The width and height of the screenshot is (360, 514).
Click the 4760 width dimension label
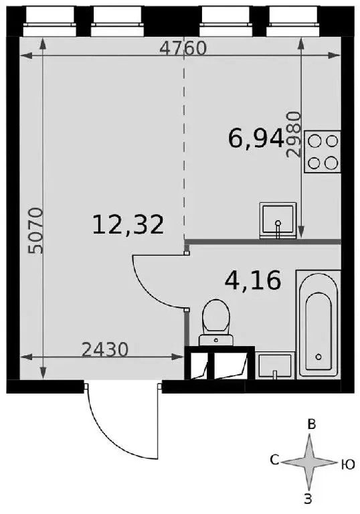(x=183, y=48)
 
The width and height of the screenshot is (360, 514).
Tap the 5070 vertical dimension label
(x=35, y=231)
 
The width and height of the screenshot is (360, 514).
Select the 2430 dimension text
(x=104, y=349)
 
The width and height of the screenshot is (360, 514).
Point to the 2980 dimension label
(x=294, y=135)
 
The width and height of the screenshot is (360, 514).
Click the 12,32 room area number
(x=128, y=225)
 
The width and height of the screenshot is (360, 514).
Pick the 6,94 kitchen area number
(x=256, y=139)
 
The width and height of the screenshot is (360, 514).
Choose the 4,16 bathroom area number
(x=253, y=280)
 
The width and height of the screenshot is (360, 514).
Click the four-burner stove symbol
(x=323, y=151)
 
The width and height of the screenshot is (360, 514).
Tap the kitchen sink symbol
(x=278, y=220)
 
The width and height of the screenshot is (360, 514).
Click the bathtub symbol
(x=319, y=324)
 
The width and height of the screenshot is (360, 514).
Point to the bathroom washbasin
(x=275, y=366)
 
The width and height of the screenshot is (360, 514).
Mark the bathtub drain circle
(x=318, y=357)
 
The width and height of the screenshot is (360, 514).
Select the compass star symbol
(x=309, y=462)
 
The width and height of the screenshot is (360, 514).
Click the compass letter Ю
(x=348, y=464)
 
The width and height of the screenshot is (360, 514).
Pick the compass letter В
(x=311, y=425)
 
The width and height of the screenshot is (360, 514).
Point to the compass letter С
(x=274, y=460)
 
